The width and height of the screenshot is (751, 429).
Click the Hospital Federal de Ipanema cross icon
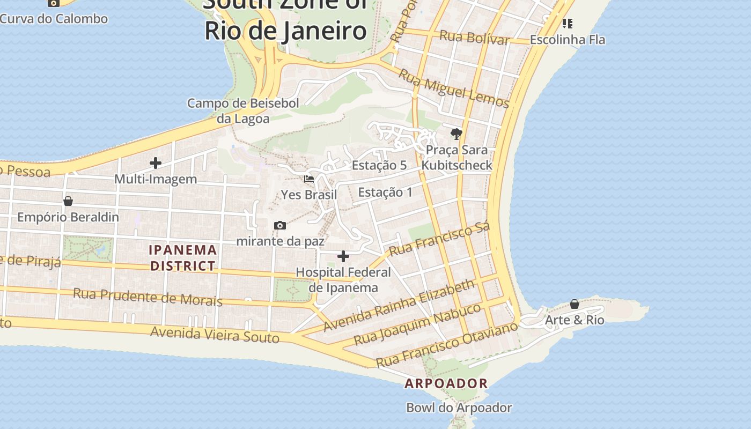[343, 256]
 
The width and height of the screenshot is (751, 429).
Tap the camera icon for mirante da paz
[279, 225]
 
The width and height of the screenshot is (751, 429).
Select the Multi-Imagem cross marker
[156, 163]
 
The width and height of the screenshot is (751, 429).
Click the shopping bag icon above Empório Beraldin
[68, 201]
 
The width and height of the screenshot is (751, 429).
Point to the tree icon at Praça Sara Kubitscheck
[457, 134]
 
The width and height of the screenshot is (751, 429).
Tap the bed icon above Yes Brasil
[309, 179]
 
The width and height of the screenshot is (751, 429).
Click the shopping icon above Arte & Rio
[575, 304]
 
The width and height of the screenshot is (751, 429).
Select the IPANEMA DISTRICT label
[183, 257]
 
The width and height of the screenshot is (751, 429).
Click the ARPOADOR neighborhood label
[446, 383]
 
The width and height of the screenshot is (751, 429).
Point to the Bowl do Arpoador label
[459, 408]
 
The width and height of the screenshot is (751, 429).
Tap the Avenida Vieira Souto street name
[215, 335]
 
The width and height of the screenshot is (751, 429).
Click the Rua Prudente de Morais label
[148, 297]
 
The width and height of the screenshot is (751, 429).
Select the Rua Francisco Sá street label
[439, 239]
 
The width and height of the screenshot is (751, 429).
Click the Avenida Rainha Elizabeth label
[399, 305]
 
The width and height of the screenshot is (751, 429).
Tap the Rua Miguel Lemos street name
[454, 88]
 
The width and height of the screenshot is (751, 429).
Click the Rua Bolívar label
[474, 38]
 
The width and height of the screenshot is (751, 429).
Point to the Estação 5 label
[379, 165]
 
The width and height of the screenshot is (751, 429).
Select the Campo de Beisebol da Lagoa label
[243, 110]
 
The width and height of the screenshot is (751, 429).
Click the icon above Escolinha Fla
[567, 24]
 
